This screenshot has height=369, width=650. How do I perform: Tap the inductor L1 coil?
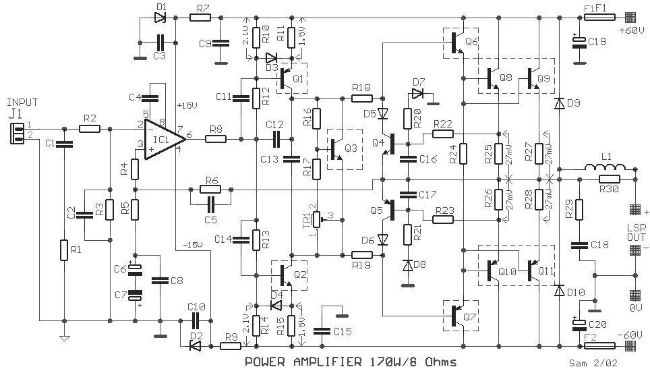(604, 167)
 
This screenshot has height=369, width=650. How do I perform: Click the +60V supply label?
(631, 30)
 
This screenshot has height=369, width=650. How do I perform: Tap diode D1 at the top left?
(160, 18)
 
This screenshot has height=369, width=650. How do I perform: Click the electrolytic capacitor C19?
(578, 42)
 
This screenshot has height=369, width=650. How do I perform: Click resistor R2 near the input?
(89, 128)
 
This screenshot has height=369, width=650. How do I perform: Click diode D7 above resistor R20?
(418, 94)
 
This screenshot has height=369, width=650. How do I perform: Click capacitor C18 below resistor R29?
(578, 244)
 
